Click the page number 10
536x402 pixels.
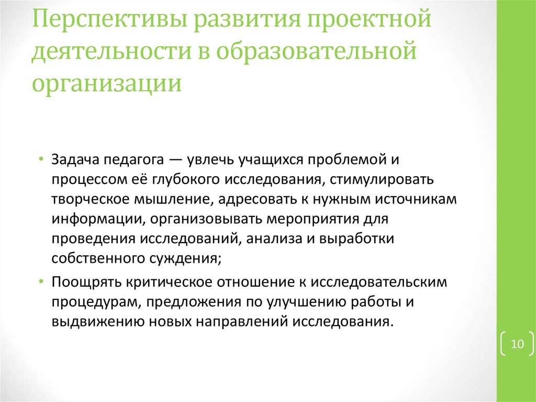coord(517,344)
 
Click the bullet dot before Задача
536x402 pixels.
coord(41,159)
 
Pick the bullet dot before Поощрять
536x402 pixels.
coord(41,281)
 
